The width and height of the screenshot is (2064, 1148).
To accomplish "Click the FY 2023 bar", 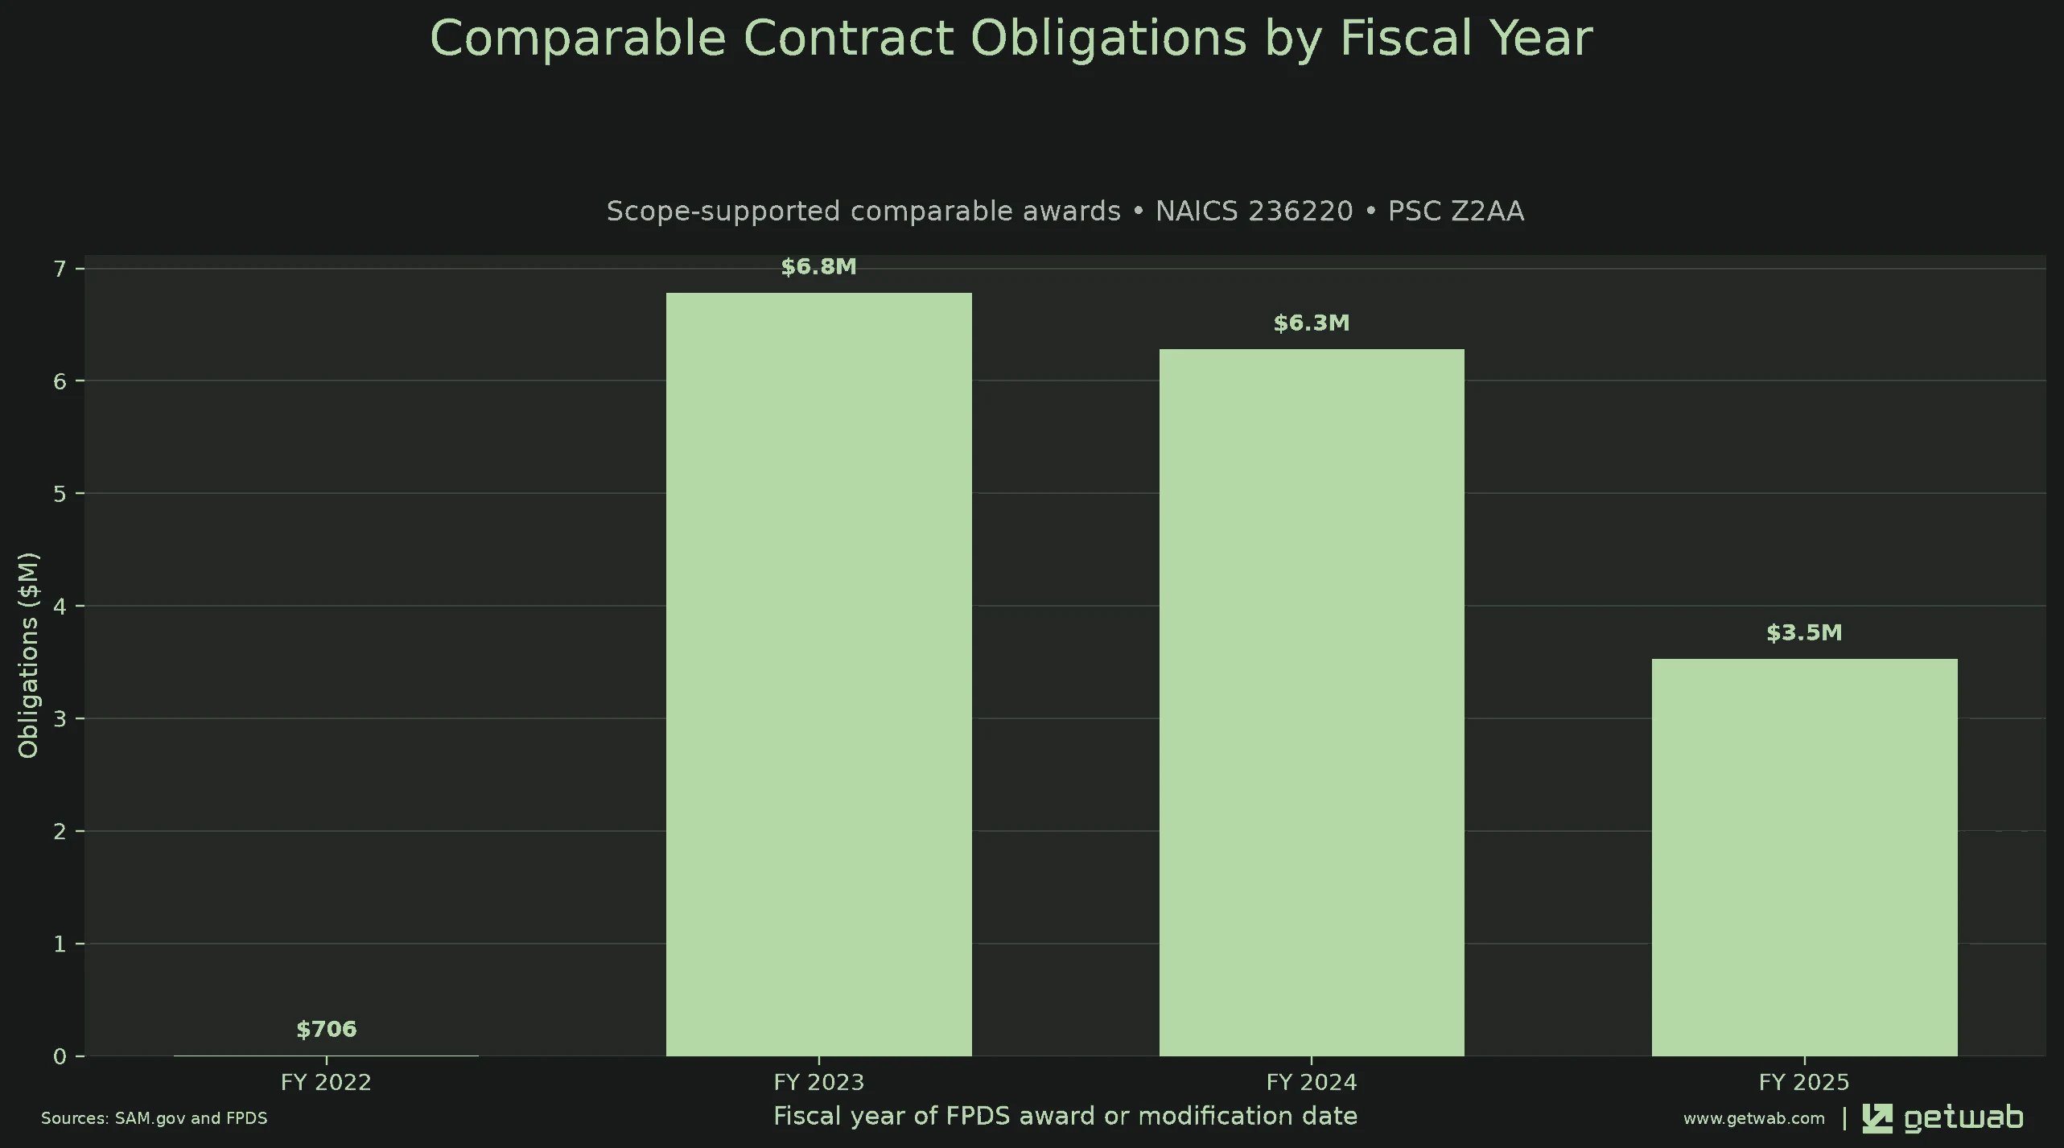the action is point(818,674).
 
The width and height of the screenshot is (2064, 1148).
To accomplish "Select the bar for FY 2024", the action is point(1312,702).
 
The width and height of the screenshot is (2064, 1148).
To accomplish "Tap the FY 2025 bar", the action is point(1804,858).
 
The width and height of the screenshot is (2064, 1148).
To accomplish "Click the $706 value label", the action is point(326,1030).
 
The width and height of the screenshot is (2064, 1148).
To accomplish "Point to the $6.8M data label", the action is point(818,267).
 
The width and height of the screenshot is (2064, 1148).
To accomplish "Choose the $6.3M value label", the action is point(1312,323).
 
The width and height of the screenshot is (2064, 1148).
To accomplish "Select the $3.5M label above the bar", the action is point(1804,633).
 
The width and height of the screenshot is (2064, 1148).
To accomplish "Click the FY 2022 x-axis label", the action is point(326,1082).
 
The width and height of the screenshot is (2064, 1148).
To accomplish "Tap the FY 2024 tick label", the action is point(1312,1082).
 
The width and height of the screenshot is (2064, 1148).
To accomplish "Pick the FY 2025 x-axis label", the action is point(1804,1082).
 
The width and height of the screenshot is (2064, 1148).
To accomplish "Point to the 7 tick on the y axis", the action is point(60,268).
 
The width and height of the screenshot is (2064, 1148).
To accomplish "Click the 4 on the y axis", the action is point(60,606).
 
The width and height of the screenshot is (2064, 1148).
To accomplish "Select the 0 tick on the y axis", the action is point(60,1056).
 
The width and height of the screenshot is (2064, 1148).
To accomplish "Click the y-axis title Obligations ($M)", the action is point(28,655).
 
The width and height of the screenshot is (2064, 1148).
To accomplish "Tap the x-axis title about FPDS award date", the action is point(1065,1116).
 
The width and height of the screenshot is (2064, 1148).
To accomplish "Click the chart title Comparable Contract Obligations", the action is point(1011,38).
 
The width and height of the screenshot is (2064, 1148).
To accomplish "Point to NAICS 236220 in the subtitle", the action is point(1254,211).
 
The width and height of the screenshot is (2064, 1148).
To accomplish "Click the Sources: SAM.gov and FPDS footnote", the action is point(154,1118).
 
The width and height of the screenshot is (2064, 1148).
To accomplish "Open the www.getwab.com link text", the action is point(1754,1118).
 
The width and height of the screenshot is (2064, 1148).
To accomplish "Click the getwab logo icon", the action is point(1877,1118).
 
